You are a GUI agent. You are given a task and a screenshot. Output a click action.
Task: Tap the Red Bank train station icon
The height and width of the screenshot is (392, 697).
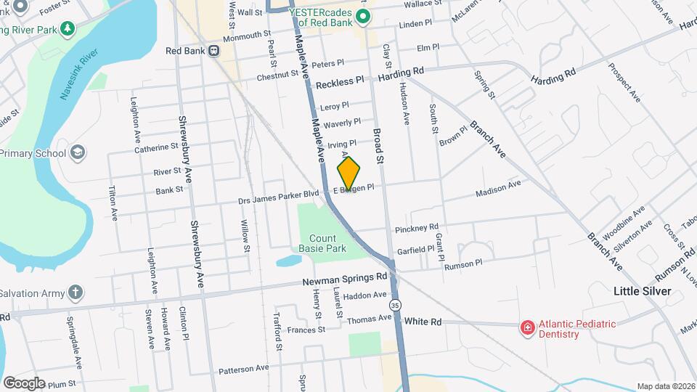[x=214, y=51]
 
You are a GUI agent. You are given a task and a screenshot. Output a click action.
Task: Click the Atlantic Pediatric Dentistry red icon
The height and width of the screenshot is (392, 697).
[x=528, y=329]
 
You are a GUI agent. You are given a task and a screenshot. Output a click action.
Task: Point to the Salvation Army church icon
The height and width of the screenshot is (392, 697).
[x=76, y=293]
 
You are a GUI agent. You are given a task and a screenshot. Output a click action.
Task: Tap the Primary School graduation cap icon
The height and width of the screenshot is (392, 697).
[x=78, y=153]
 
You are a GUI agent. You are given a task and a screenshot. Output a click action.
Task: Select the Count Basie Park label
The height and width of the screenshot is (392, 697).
[x=322, y=242]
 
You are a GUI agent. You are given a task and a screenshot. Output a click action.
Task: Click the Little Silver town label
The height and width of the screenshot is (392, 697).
[x=643, y=291]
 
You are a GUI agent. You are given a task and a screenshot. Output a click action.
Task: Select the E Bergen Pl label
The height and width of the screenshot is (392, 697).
[x=354, y=188]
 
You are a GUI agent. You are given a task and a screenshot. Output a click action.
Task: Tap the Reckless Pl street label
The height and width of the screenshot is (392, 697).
[x=340, y=81]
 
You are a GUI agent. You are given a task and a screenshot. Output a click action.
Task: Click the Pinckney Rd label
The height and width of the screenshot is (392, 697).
[x=417, y=229]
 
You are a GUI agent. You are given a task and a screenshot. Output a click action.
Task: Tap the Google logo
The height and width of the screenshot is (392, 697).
[x=24, y=383]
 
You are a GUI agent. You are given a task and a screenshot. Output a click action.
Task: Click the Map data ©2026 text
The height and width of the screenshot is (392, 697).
[x=666, y=386]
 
